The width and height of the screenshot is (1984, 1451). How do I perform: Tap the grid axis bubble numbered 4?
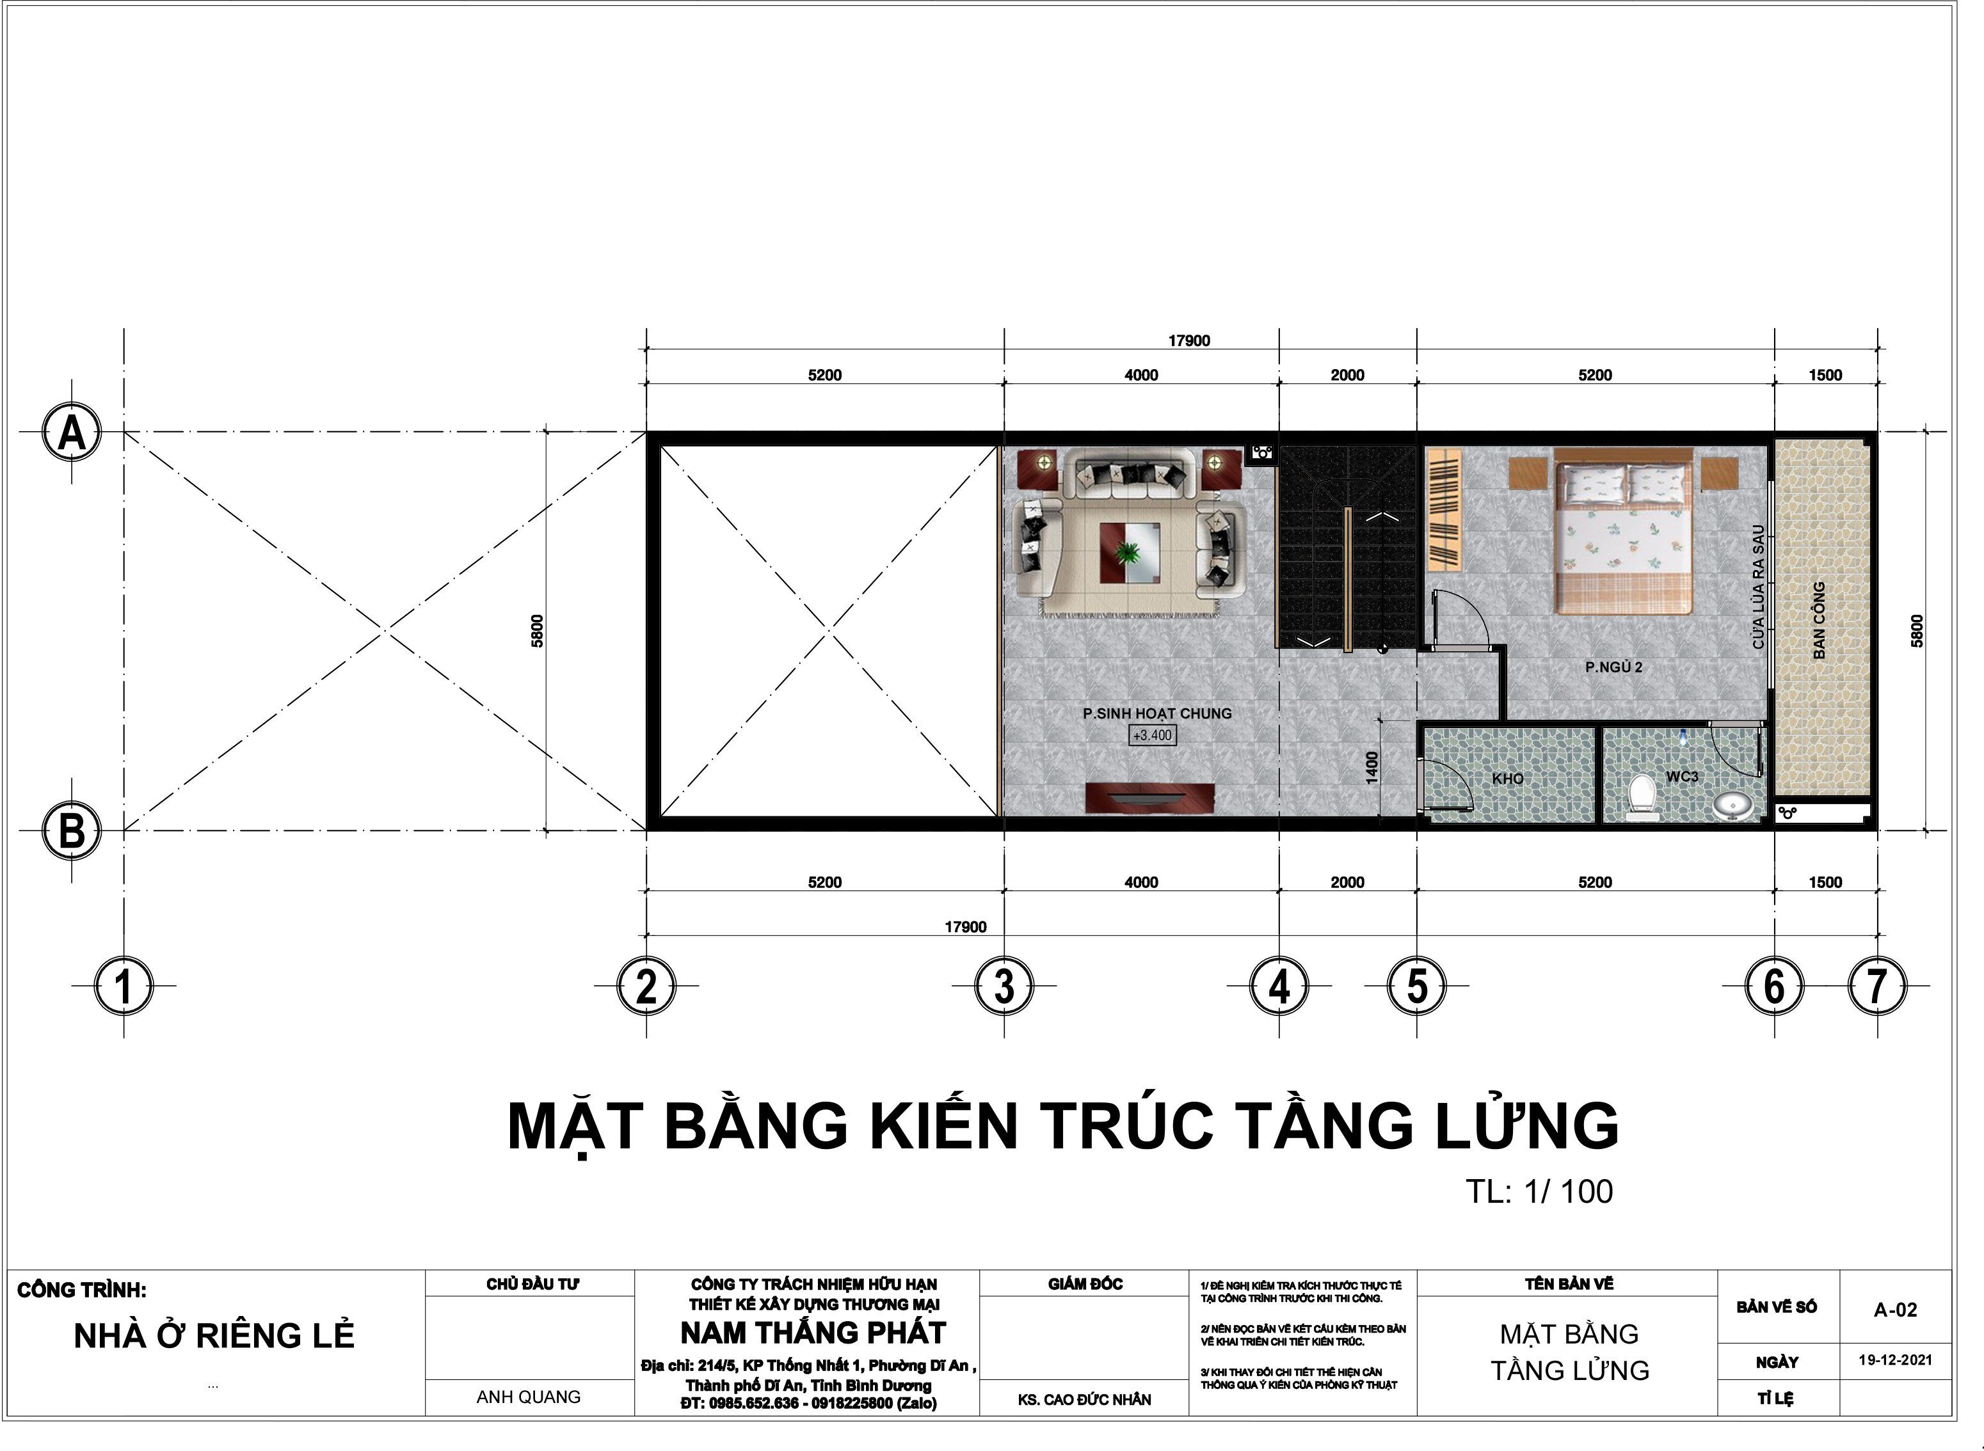click(1279, 985)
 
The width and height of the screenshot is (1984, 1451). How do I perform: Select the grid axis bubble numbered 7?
click(1877, 985)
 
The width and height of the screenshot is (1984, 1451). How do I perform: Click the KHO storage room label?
click(1508, 778)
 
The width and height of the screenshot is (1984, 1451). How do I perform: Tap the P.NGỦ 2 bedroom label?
click(1613, 667)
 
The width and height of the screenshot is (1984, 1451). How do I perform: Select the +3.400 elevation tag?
click(1152, 735)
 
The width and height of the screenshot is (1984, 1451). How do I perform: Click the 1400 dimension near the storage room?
click(1372, 767)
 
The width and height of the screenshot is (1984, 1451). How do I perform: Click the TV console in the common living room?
click(1150, 798)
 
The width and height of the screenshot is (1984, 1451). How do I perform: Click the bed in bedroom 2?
click(1624, 530)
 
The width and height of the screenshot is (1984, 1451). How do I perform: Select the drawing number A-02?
click(1895, 1310)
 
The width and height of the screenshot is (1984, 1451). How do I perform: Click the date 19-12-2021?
click(1895, 1360)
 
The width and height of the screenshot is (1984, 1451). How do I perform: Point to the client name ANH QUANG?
click(528, 1397)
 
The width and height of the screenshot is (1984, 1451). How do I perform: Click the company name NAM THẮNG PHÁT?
click(813, 1333)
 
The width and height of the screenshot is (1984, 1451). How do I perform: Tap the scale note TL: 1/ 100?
click(1539, 1192)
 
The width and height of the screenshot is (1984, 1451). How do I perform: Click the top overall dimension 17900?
click(1189, 341)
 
